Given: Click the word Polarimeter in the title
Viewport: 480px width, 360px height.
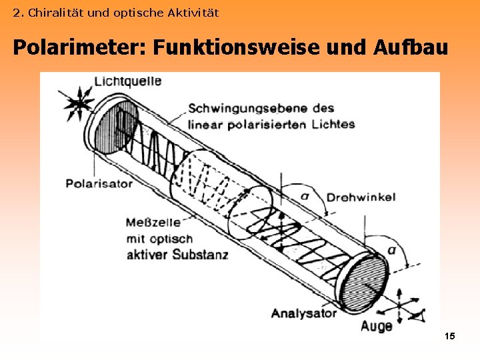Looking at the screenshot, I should (79, 48).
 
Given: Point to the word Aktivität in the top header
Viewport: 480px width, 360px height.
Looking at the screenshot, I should (194, 13).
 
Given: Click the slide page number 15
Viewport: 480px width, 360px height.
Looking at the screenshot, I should (449, 337).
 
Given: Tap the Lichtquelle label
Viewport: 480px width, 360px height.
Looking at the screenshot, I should (128, 81).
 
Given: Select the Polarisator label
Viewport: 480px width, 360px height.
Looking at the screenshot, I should (99, 183).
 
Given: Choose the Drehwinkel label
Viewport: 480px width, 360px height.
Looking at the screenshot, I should (361, 197).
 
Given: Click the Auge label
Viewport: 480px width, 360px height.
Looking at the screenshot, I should (377, 326).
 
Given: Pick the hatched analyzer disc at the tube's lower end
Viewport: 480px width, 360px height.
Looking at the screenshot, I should (362, 279).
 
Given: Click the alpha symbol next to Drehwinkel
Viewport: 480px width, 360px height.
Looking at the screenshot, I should (305, 195).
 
